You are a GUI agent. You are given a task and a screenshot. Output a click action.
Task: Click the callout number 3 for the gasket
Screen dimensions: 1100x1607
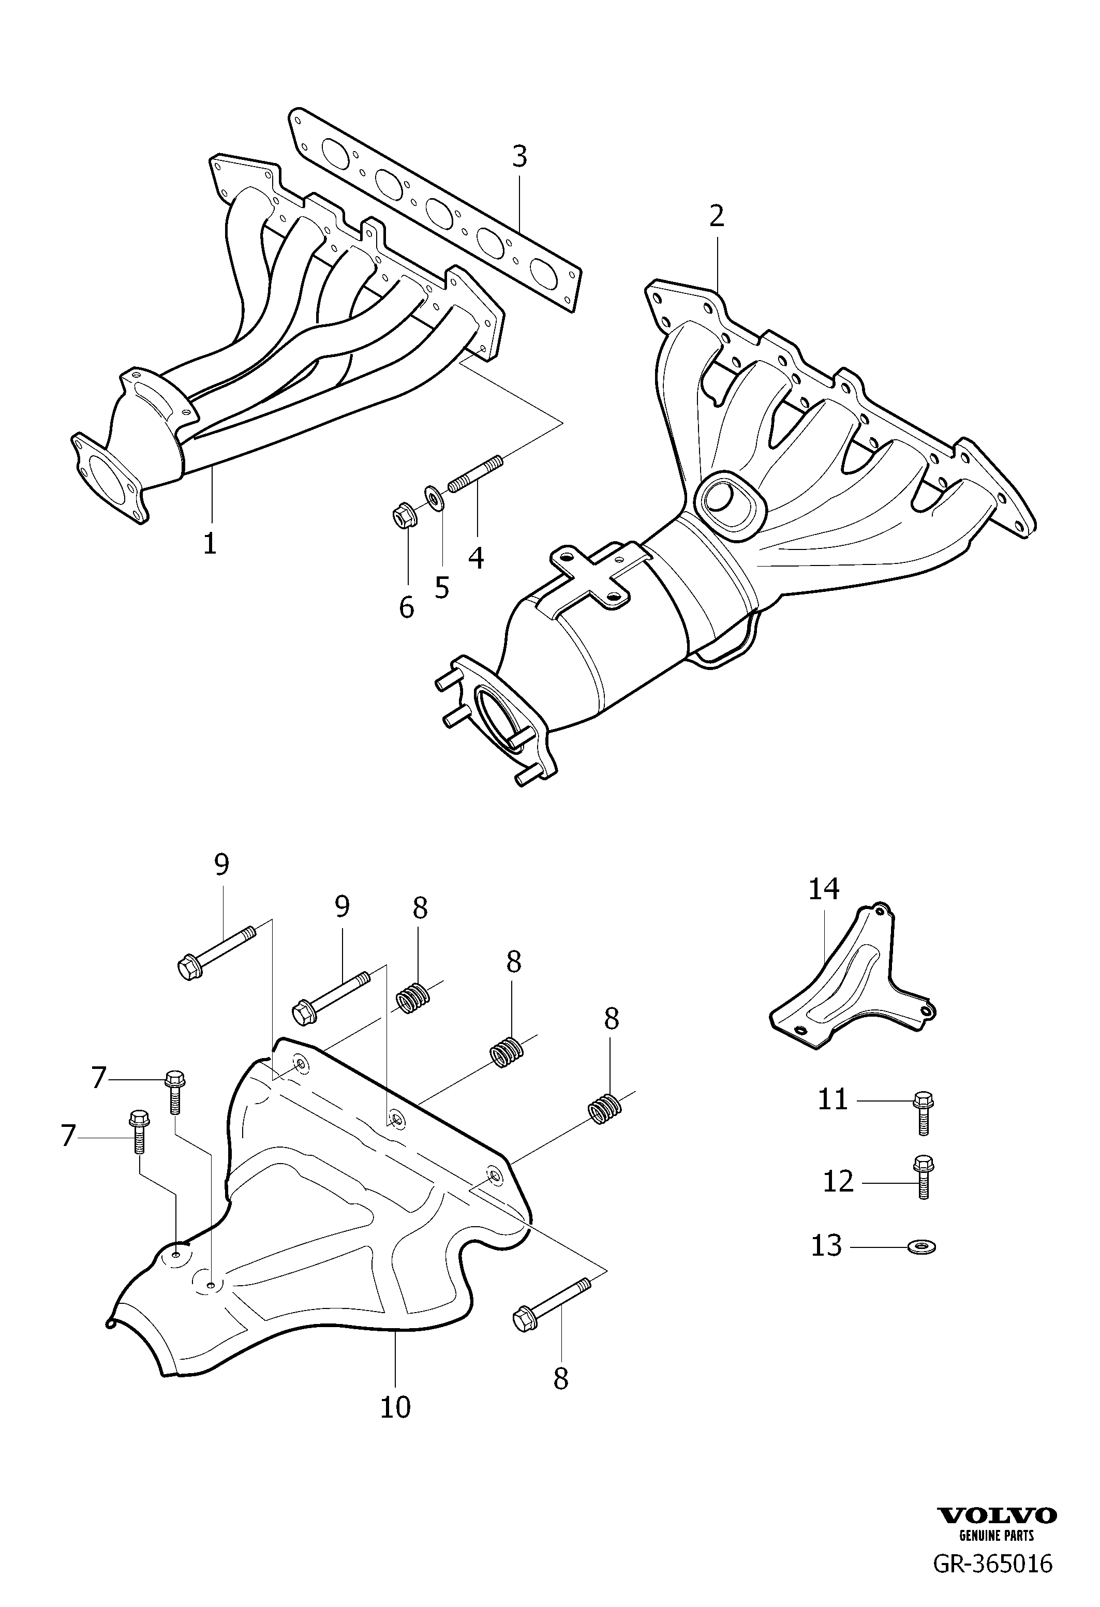point(519,157)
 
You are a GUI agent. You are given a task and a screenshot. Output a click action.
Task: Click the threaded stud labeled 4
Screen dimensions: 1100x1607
point(478,476)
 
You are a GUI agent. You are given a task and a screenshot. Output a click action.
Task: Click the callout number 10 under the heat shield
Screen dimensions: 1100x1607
point(395,1406)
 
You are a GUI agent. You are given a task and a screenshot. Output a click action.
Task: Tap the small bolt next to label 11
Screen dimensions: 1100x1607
point(924,1112)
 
